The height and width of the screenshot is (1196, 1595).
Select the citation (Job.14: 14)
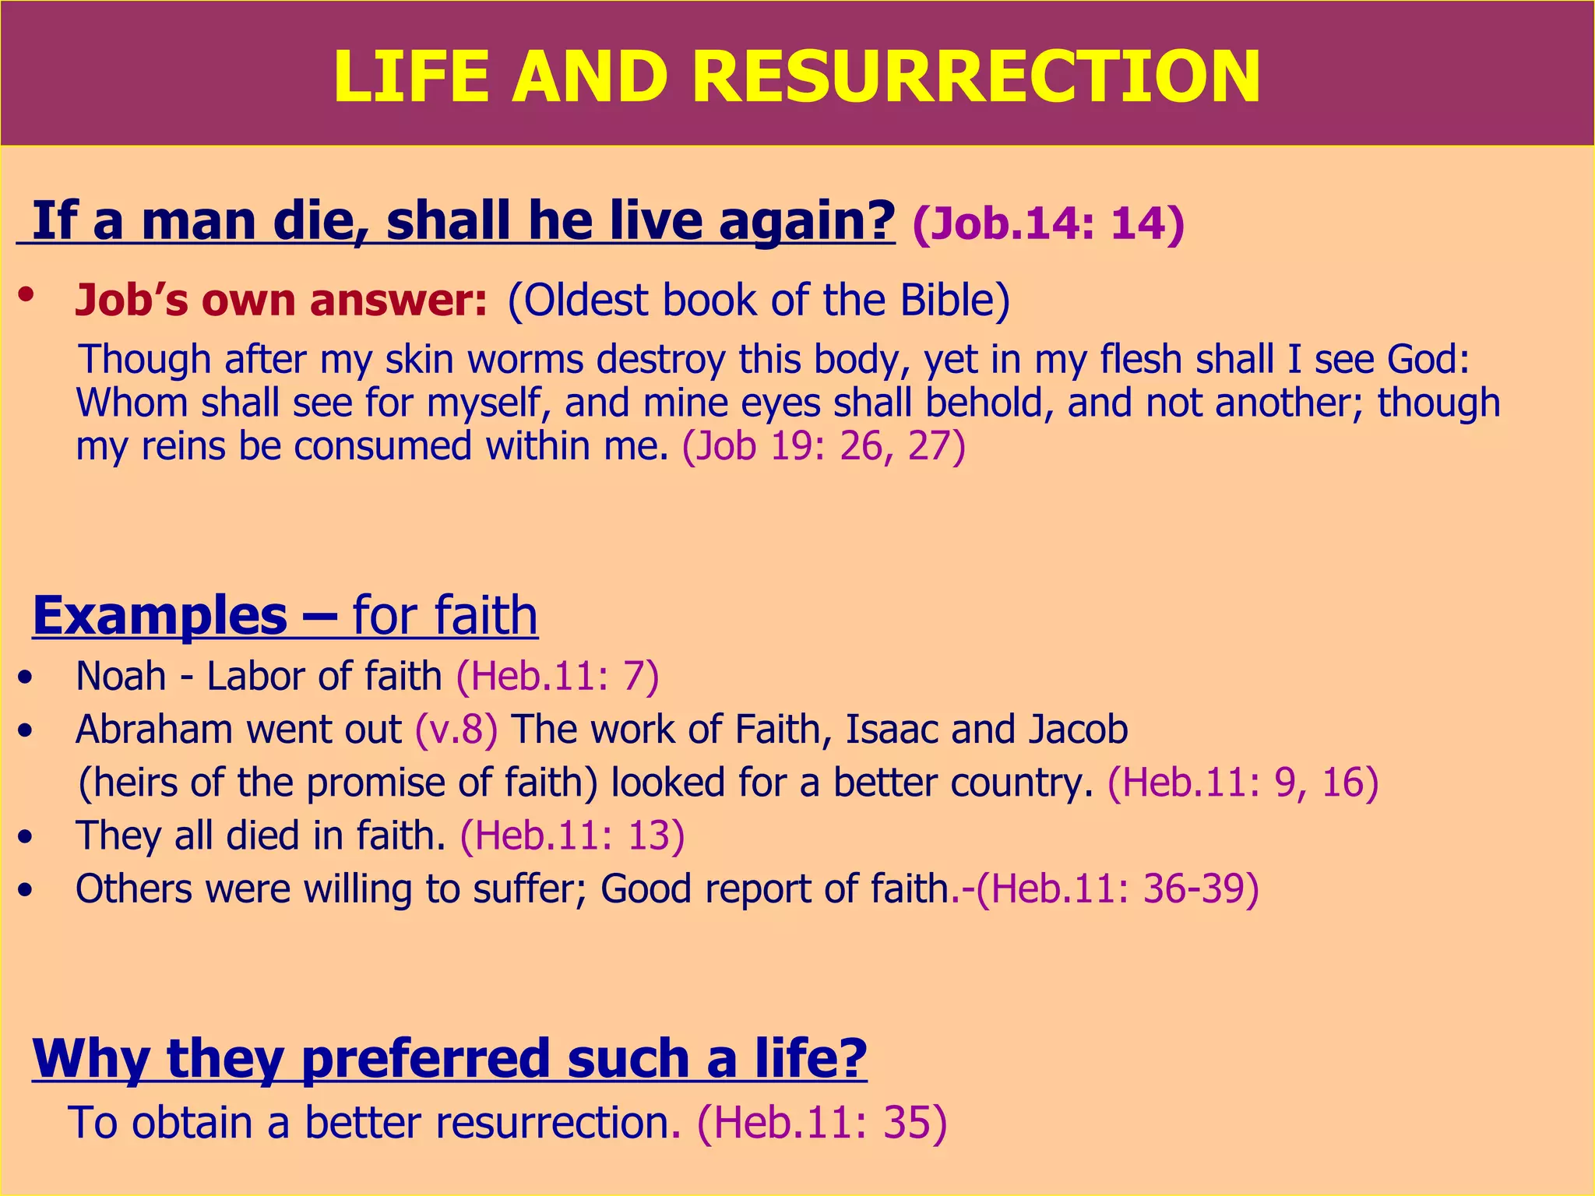pos(1047,223)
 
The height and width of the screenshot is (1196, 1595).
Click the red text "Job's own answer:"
pos(281,301)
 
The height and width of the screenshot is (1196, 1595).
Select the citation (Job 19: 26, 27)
pos(824,447)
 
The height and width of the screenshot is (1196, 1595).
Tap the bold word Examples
pos(160,615)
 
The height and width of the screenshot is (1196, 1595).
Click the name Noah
pos(121,676)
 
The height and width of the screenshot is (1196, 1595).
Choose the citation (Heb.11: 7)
pos(558,676)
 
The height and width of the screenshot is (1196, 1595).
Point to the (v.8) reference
pos(456,730)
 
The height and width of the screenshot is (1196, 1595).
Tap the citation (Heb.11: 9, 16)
pos(1243,783)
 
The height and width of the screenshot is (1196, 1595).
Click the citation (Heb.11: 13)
pos(572,835)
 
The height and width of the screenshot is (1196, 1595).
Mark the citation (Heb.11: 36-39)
pos(1117,888)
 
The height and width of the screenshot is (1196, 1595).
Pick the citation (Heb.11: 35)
pos(822,1123)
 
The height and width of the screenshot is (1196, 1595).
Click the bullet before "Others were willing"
pos(26,890)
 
